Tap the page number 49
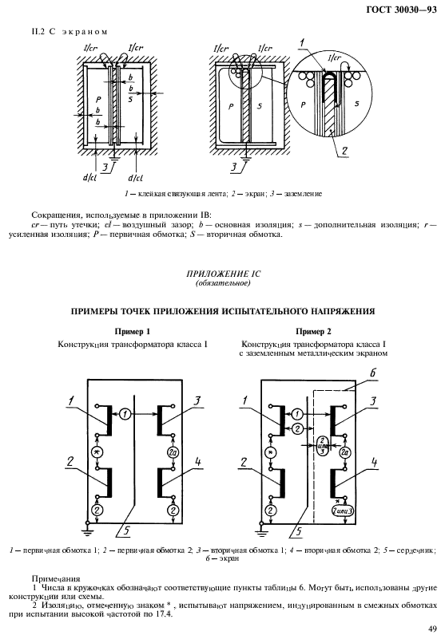click(431, 627)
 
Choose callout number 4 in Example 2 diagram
click(374, 461)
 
